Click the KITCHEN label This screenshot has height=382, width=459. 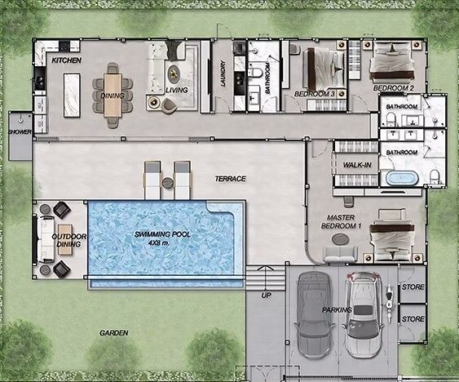pos(67,60)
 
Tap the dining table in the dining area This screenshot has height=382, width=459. pos(113,95)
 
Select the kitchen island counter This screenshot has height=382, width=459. pos(72,95)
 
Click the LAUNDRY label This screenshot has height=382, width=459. pos(223,73)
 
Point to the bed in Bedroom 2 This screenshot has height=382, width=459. pos(392,61)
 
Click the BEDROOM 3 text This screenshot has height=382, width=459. pos(315,94)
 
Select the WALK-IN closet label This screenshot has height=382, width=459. pos(357,165)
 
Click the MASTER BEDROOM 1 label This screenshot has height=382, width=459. pos(341,222)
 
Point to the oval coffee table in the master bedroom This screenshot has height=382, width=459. pos(341,238)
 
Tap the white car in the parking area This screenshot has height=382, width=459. pos(364,314)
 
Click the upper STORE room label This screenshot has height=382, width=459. pos(413,286)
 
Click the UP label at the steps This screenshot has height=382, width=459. pos(266,295)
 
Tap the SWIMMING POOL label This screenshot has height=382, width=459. pos(162,234)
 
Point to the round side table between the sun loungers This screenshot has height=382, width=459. pos(167,183)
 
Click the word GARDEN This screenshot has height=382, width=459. pos(114,333)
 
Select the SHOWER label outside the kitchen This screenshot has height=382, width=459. pos(20,132)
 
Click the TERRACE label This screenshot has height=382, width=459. pos(231,179)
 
